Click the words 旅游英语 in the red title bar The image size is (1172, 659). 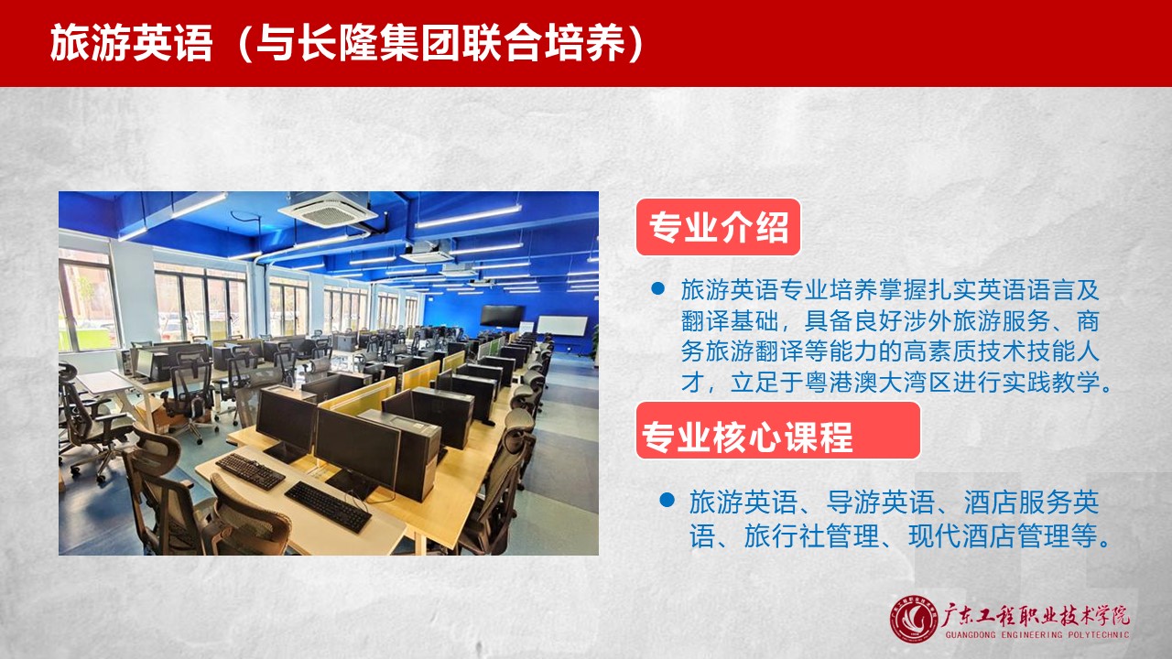131,43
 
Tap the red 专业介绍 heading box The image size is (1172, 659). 719,227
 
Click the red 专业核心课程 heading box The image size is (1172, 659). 778,430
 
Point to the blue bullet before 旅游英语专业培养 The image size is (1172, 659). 658,288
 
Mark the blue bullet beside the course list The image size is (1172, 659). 667,500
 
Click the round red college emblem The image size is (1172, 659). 914,620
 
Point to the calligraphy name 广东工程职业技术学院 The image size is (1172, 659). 1036,616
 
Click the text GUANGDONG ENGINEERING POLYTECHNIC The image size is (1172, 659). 1037,635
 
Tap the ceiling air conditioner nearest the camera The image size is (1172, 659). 328,210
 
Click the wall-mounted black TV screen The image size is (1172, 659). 502,316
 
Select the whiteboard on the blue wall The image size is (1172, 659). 562,325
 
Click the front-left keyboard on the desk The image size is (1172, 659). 250,471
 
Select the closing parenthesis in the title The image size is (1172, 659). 635,43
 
